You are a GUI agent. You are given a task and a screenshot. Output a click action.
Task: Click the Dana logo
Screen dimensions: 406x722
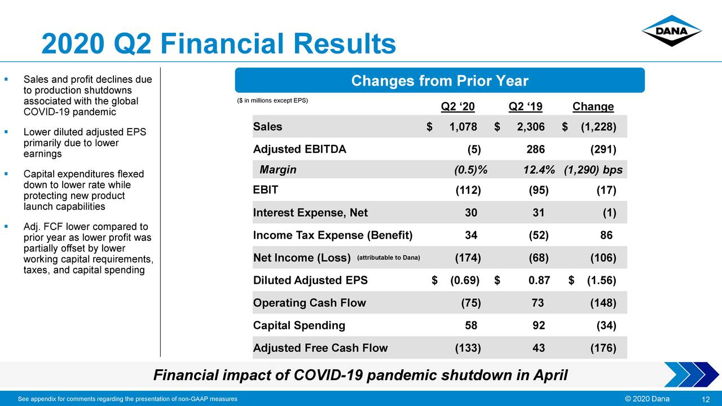[x=671, y=31]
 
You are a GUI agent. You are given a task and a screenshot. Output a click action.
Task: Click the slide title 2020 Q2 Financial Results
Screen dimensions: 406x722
[x=219, y=44]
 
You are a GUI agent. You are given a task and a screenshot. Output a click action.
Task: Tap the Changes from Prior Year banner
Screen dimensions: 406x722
[x=439, y=81]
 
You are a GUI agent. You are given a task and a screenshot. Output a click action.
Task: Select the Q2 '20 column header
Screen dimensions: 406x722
[x=457, y=107]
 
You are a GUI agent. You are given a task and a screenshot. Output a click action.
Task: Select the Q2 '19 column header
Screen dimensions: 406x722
[x=525, y=107]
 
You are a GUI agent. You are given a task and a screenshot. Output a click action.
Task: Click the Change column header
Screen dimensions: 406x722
[x=593, y=107]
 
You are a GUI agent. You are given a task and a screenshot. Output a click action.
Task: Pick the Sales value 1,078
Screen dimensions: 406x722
[x=463, y=127]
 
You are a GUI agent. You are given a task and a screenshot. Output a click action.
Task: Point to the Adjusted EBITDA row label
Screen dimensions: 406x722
[x=300, y=149]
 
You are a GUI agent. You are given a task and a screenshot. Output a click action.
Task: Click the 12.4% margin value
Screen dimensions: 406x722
[x=539, y=170]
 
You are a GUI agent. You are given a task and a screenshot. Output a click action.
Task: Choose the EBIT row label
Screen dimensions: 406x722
[x=266, y=190]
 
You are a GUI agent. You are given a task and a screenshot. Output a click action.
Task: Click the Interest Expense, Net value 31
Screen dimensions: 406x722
[x=538, y=213]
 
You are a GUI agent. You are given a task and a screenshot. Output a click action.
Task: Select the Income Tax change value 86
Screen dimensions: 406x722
[x=606, y=235]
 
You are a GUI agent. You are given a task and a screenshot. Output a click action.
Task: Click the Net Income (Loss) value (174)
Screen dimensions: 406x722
[x=468, y=258]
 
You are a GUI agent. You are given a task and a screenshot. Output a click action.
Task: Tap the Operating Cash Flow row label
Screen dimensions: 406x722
[x=309, y=303]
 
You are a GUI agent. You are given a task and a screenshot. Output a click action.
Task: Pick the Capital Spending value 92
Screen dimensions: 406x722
[x=538, y=325]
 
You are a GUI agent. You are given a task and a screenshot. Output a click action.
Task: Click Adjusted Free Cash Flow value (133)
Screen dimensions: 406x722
[x=468, y=348]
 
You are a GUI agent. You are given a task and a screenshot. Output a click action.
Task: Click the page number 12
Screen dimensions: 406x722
[x=705, y=399]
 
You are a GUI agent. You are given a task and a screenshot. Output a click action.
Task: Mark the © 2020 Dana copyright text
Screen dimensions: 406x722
[x=644, y=399]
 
